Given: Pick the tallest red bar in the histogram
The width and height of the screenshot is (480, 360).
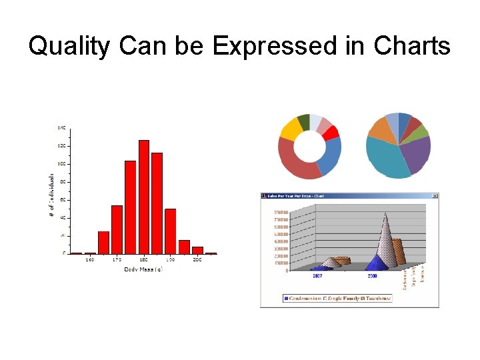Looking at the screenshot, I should pos(143,197).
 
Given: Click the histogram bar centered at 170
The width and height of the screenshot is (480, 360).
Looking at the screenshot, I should pos(117,229).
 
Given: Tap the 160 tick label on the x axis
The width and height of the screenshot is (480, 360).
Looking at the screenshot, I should pos(89,259).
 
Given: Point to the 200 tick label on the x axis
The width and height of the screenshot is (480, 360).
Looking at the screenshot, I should pos(197,259).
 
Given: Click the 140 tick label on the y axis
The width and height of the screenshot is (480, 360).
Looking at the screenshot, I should pos(61,127).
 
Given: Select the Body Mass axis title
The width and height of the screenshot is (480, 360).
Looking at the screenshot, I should pos(143,269).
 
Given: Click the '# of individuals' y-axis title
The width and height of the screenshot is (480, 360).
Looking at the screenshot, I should pos(52,195).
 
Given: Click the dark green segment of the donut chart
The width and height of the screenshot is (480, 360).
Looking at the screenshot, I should pos(303,121).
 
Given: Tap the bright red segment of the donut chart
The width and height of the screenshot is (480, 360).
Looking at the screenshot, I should pos(331,132).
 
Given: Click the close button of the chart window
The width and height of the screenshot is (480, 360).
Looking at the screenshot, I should pos(435,196).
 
